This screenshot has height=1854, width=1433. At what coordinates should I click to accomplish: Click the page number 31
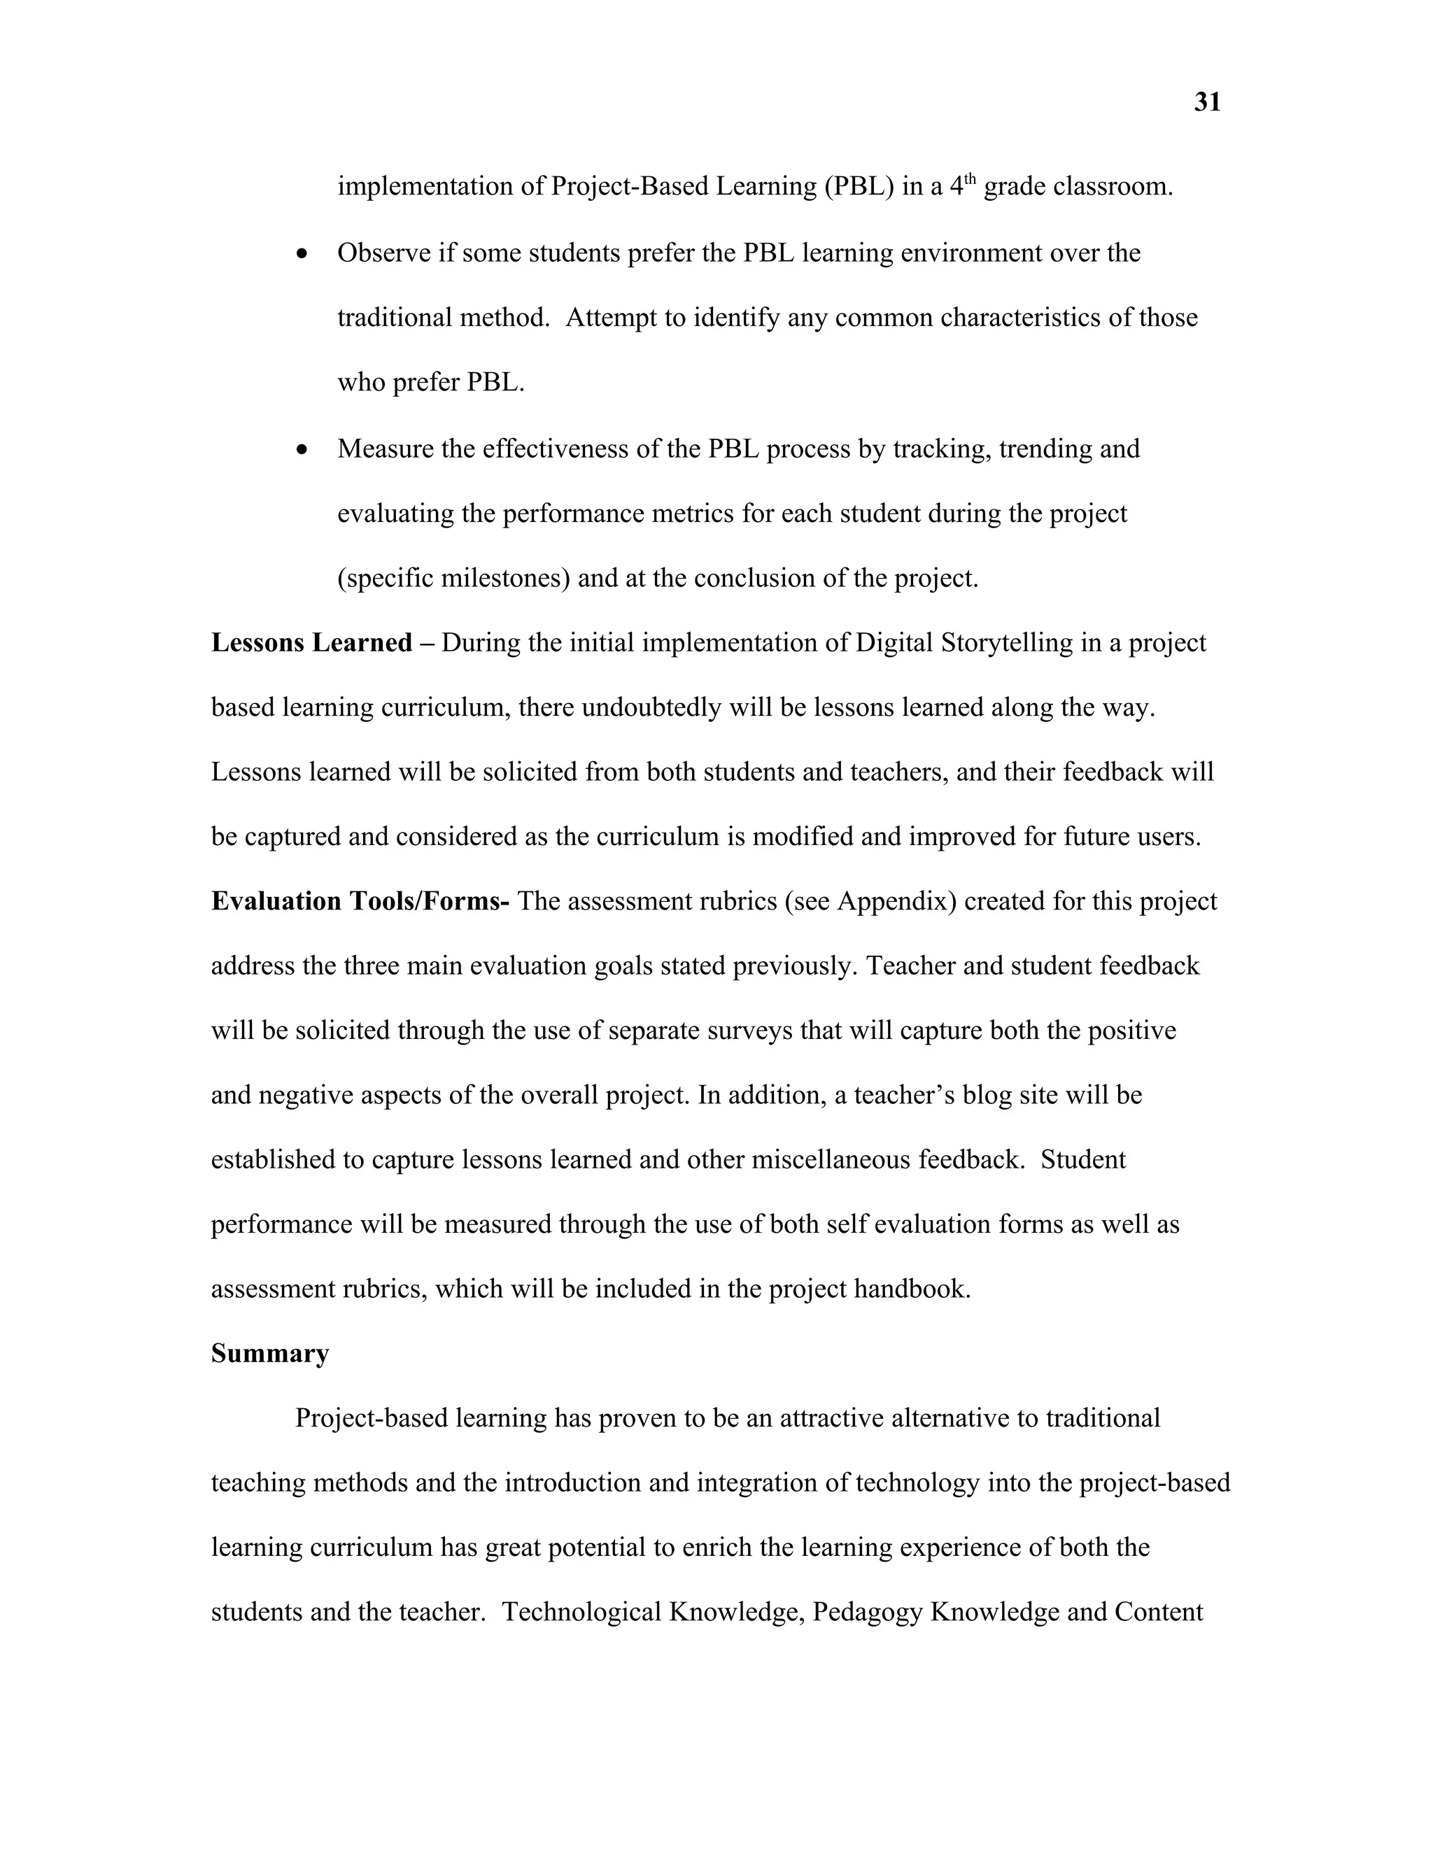pyautogui.click(x=1207, y=103)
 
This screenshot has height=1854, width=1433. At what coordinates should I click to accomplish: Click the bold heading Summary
pyautogui.click(x=270, y=1353)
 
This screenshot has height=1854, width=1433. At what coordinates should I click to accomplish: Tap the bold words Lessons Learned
pyautogui.click(x=311, y=643)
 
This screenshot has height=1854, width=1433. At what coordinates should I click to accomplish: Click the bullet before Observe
pyautogui.click(x=302, y=255)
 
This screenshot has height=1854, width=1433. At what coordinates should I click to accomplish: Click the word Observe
pyautogui.click(x=383, y=253)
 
